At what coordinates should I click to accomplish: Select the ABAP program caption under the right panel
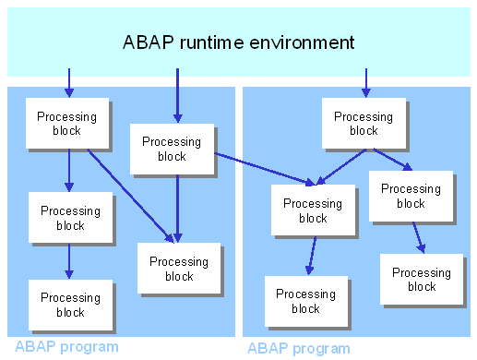click(x=299, y=348)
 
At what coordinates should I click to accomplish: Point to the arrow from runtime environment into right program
click(x=365, y=82)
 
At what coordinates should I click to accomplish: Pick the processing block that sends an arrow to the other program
click(x=172, y=149)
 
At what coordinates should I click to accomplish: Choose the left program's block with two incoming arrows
click(x=179, y=268)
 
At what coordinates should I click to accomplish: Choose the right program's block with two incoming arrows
click(x=313, y=210)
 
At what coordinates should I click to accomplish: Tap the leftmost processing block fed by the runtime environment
click(x=66, y=123)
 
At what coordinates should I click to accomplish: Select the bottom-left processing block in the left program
click(x=70, y=305)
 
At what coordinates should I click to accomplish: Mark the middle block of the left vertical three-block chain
click(x=70, y=218)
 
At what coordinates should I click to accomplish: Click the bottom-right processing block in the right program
click(x=422, y=279)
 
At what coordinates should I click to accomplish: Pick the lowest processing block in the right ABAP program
click(x=305, y=301)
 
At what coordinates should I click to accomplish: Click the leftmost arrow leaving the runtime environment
click(x=68, y=81)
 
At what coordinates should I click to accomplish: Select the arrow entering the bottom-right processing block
click(x=418, y=236)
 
